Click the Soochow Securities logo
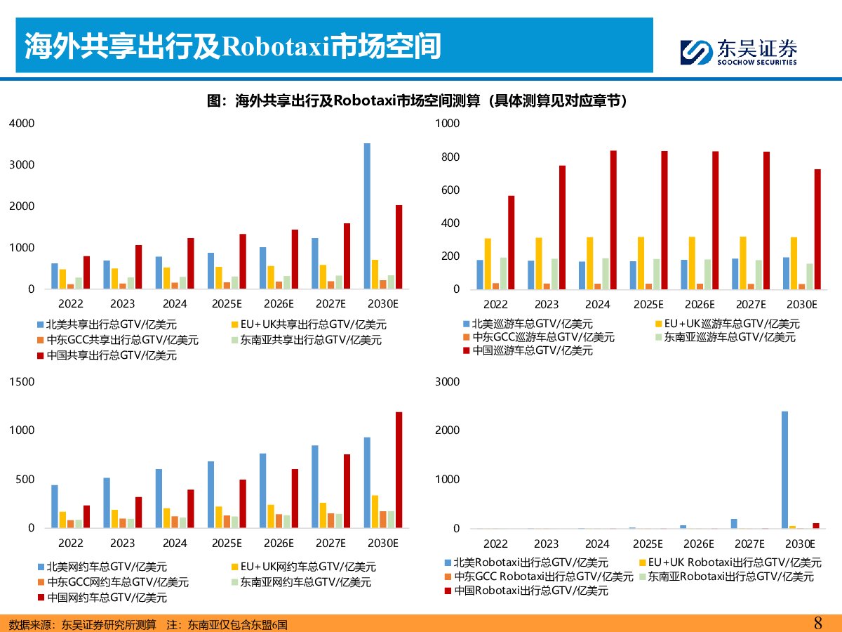click(738, 51)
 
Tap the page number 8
click(817, 622)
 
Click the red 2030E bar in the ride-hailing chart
click(399, 470)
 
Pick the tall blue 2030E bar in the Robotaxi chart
click(784, 470)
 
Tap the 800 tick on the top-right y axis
click(448, 157)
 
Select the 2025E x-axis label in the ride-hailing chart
click(226, 544)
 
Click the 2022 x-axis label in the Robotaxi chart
click(495, 544)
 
